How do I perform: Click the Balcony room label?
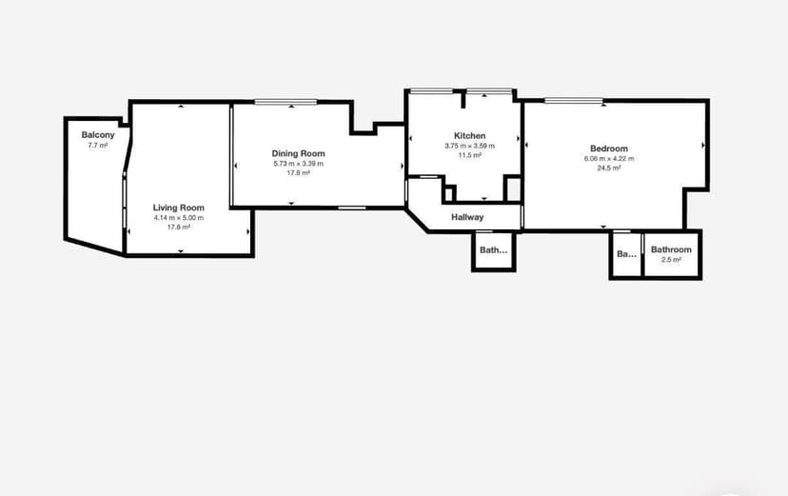click(98, 135)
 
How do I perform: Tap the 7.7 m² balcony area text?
click(98, 146)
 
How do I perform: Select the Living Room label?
click(179, 208)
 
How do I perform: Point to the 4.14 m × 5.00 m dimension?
click(179, 218)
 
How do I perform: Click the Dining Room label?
click(299, 153)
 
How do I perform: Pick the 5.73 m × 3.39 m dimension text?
click(299, 164)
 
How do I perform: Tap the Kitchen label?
click(470, 135)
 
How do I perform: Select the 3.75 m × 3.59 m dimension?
click(470, 146)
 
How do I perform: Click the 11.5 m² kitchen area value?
click(470, 155)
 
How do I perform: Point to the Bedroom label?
click(609, 149)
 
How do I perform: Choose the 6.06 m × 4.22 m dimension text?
click(609, 159)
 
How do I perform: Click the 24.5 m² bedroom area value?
click(609, 169)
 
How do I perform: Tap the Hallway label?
click(467, 217)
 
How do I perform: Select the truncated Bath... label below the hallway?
click(494, 251)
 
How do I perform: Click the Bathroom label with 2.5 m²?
click(672, 249)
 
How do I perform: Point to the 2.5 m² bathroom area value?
click(672, 259)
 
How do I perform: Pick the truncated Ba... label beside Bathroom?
click(626, 254)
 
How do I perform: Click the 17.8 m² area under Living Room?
click(179, 228)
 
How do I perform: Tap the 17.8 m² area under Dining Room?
click(299, 173)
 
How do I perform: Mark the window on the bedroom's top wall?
click(574, 101)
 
